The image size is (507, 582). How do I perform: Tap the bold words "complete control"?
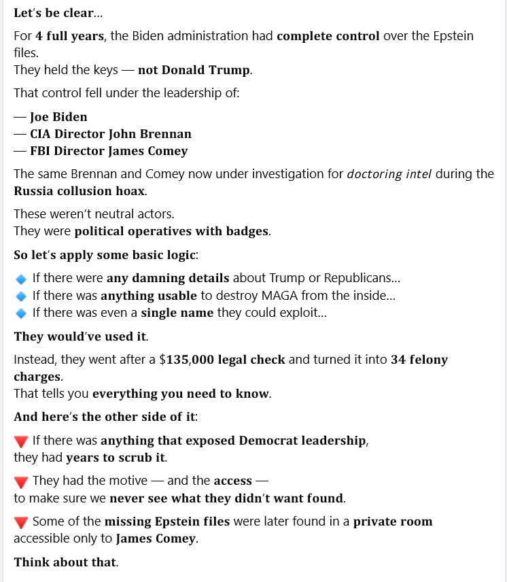pyautogui.click(x=328, y=35)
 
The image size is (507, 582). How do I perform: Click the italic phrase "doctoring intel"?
pyautogui.click(x=389, y=174)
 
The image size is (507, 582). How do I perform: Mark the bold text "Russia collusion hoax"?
pyautogui.click(x=78, y=191)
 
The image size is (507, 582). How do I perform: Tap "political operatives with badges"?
pyautogui.click(x=171, y=231)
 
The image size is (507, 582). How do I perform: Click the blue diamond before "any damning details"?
pyautogui.click(x=21, y=279)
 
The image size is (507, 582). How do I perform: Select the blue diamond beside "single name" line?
pyautogui.click(x=21, y=313)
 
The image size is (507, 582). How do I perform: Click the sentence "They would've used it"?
pyautogui.click(x=80, y=337)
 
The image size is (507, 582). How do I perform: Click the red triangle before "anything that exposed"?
pyautogui.click(x=21, y=441)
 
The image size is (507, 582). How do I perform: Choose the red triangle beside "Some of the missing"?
pyautogui.click(x=21, y=522)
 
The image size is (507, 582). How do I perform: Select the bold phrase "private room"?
pyautogui.click(x=392, y=521)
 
